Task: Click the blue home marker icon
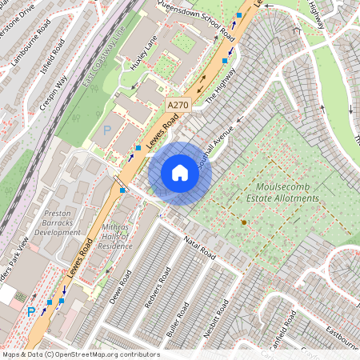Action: tap(180, 174)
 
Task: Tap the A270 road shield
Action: tap(178, 105)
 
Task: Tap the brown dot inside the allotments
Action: tap(244, 222)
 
